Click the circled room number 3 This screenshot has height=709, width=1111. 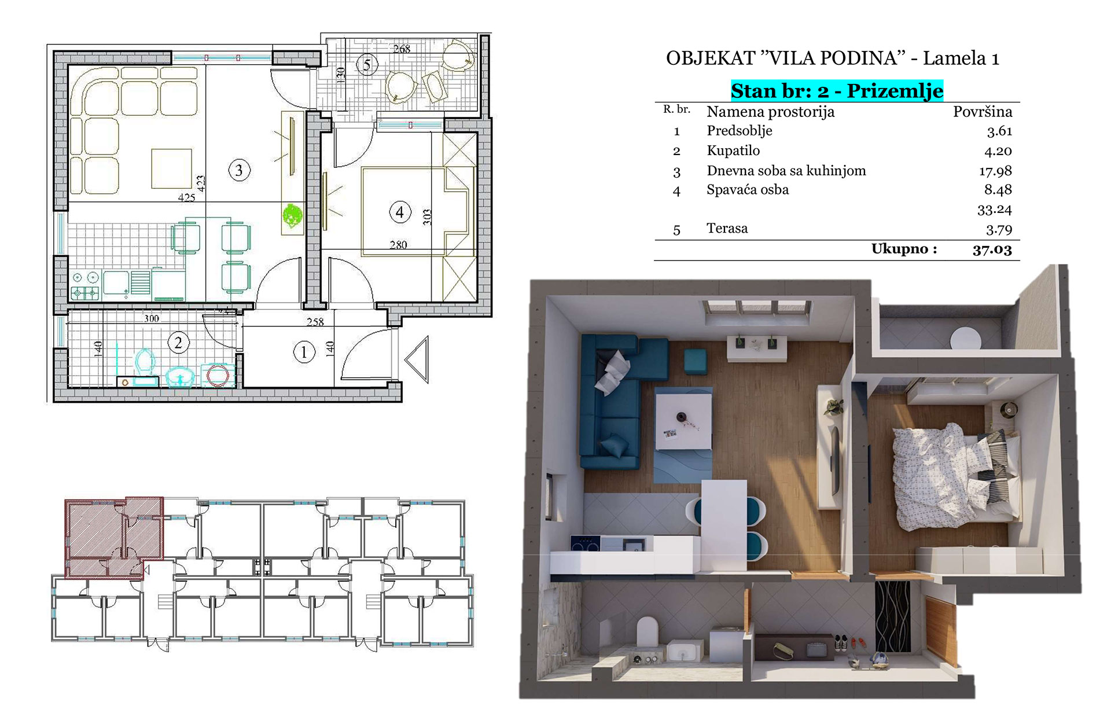[x=239, y=170]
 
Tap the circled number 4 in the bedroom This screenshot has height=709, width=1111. [x=399, y=212]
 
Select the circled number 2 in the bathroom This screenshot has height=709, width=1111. [x=178, y=343]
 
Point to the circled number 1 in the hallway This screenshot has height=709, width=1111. [x=303, y=352]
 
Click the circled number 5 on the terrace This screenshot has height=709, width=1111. [x=366, y=64]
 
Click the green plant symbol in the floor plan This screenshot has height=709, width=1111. [x=293, y=215]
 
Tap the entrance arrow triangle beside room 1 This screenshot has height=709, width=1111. [x=417, y=359]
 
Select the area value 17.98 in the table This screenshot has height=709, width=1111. [x=995, y=171]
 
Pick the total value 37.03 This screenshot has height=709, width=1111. [x=992, y=249]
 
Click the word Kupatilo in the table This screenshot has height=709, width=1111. [x=733, y=150]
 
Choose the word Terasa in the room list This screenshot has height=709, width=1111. [x=727, y=228]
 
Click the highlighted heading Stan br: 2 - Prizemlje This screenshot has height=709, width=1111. [x=837, y=91]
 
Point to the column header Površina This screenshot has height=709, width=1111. [x=983, y=111]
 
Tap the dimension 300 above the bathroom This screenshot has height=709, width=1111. [x=151, y=318]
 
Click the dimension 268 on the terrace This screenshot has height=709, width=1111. [x=402, y=49]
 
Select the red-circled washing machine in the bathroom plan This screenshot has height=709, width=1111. [x=218, y=376]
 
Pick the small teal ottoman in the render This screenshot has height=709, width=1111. [x=695, y=361]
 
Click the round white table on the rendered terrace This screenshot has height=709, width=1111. [x=966, y=338]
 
